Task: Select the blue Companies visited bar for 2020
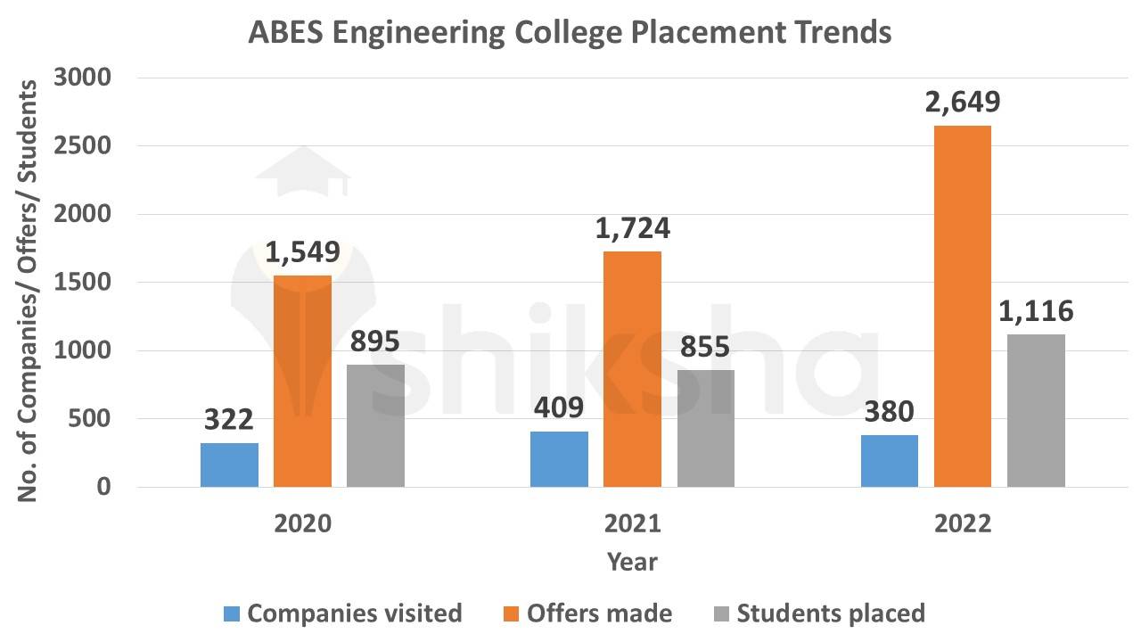[229, 465]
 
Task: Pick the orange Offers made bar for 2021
[632, 369]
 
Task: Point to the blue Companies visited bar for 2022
[890, 461]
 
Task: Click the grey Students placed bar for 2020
[375, 425]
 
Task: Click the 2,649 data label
[962, 102]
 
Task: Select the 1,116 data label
[1036, 312]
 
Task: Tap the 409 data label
[559, 408]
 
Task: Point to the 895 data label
[375, 342]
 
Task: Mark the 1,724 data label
[632, 228]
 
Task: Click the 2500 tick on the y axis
[82, 146]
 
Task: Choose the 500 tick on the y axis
[92, 419]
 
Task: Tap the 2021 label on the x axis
[632, 523]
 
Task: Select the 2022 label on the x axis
[962, 523]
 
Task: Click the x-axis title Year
[632, 562]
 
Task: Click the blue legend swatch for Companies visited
[232, 613]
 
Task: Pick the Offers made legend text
[599, 613]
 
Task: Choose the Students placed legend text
[831, 613]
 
